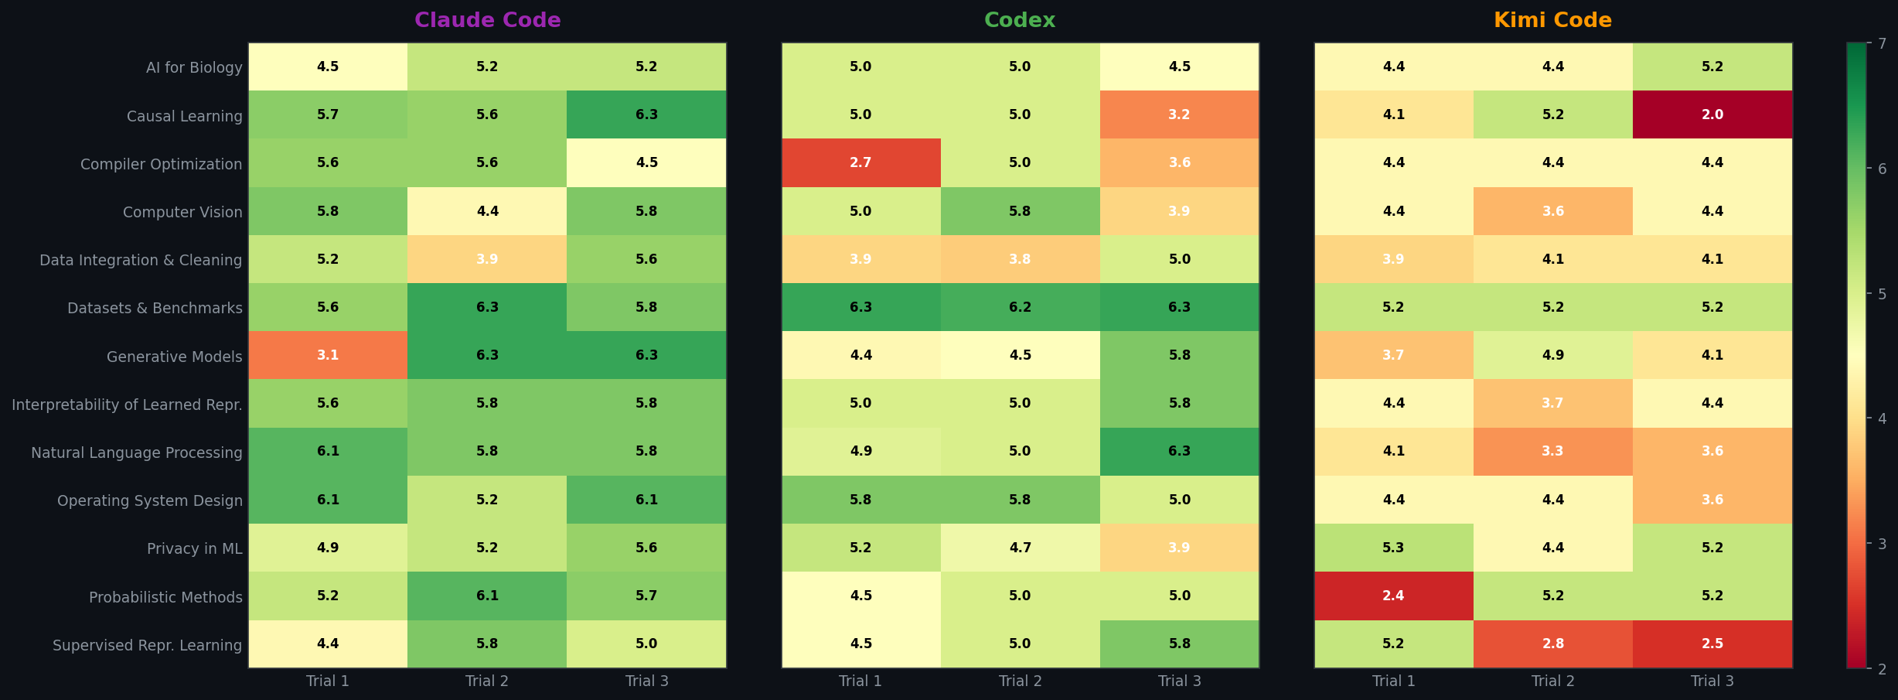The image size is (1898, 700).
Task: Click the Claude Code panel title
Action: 487,20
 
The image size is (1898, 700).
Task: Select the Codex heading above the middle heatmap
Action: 1020,20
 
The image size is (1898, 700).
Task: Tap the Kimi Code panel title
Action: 1552,20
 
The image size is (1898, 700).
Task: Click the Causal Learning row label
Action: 184,116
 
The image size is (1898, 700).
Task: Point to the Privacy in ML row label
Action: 194,548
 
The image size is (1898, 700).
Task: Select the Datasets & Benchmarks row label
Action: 155,308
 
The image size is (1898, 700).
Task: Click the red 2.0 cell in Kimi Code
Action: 1712,114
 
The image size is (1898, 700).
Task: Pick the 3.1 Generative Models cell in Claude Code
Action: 328,355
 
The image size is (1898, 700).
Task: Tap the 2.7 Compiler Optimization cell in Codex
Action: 860,162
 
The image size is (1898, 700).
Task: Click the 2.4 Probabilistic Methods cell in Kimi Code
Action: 1393,596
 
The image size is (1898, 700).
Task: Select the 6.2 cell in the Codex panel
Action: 1020,307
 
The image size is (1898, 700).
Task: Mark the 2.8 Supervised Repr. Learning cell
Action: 1552,644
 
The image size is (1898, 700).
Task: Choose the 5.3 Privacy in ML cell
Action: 1393,548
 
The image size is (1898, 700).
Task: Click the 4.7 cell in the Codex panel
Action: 1020,548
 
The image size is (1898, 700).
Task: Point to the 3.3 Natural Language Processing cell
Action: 1552,451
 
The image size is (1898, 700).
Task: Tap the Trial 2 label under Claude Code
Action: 487,681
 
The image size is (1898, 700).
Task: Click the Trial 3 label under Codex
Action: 1179,681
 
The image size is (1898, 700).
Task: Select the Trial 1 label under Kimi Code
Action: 1393,681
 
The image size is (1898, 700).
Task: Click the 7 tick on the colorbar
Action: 1882,43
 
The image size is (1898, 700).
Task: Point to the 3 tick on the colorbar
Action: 1882,544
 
